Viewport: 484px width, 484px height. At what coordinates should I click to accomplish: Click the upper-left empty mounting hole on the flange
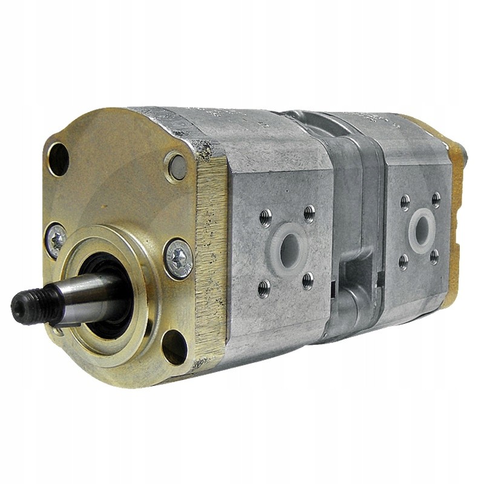(x=59, y=158)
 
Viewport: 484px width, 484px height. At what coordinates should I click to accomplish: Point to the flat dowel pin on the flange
(x=176, y=166)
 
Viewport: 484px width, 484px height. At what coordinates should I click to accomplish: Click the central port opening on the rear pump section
(x=421, y=229)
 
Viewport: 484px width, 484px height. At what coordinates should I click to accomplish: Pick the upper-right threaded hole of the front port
(x=309, y=213)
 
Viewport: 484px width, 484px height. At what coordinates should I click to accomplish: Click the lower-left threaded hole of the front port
(x=264, y=288)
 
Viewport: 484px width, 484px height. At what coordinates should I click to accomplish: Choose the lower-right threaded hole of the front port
(x=308, y=281)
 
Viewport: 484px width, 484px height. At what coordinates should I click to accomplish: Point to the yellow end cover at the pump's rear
(x=459, y=181)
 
